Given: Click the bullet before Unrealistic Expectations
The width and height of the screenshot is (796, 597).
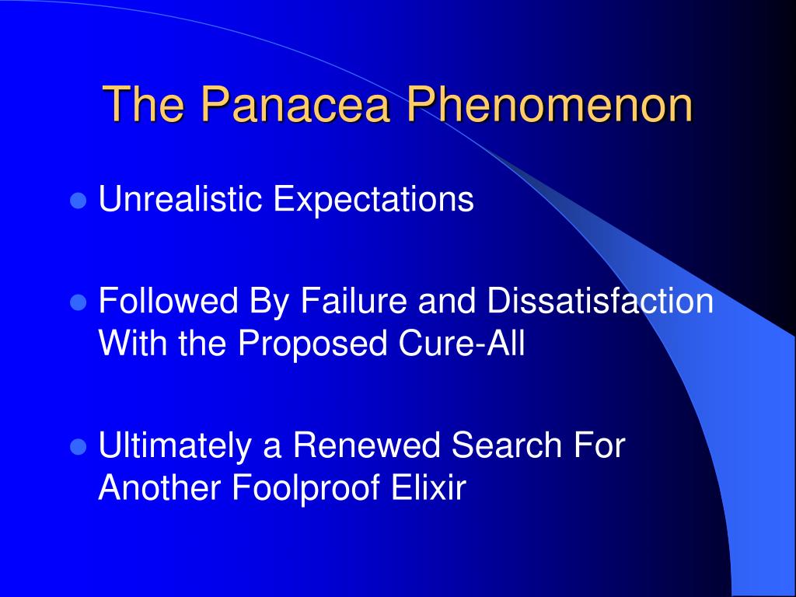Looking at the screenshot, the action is tap(78, 201).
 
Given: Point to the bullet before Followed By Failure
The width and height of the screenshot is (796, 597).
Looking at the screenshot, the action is tap(78, 302).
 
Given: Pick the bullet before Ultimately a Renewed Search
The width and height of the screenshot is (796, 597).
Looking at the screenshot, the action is tap(78, 447).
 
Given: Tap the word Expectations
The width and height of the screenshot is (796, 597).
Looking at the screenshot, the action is tap(374, 199).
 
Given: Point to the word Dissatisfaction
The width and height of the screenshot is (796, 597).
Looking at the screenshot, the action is tap(601, 300).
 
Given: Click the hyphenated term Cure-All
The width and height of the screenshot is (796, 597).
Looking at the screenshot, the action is tap(462, 343).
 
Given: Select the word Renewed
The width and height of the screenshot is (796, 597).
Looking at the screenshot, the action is tap(367, 445).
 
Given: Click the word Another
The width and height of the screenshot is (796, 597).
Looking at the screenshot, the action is tap(159, 488).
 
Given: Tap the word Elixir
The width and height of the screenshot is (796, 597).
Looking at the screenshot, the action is tap(428, 488).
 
